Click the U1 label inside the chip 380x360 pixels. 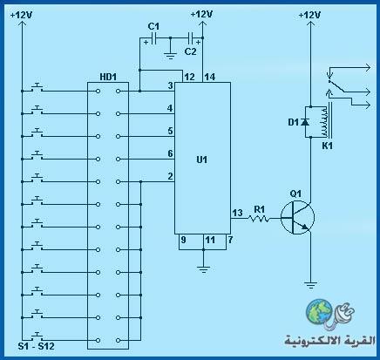click(202, 160)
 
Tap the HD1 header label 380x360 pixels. click(108, 77)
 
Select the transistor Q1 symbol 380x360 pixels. click(298, 217)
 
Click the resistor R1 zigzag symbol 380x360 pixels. click(259, 218)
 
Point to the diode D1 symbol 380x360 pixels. click(305, 122)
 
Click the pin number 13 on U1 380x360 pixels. click(237, 213)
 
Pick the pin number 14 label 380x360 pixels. click(210, 77)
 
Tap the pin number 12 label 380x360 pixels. click(189, 77)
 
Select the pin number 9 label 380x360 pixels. click(183, 240)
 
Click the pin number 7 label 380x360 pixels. click(230, 240)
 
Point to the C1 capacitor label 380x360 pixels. click(153, 26)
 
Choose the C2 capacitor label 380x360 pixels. click(191, 51)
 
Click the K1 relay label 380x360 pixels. click(327, 146)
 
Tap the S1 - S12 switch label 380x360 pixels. click(36, 346)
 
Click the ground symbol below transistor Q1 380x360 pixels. click(311, 285)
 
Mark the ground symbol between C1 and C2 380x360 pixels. click(170, 55)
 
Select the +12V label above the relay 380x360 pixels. click(309, 15)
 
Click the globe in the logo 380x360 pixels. click(319, 311)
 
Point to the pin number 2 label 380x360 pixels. click(170, 176)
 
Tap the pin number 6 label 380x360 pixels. click(170, 153)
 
